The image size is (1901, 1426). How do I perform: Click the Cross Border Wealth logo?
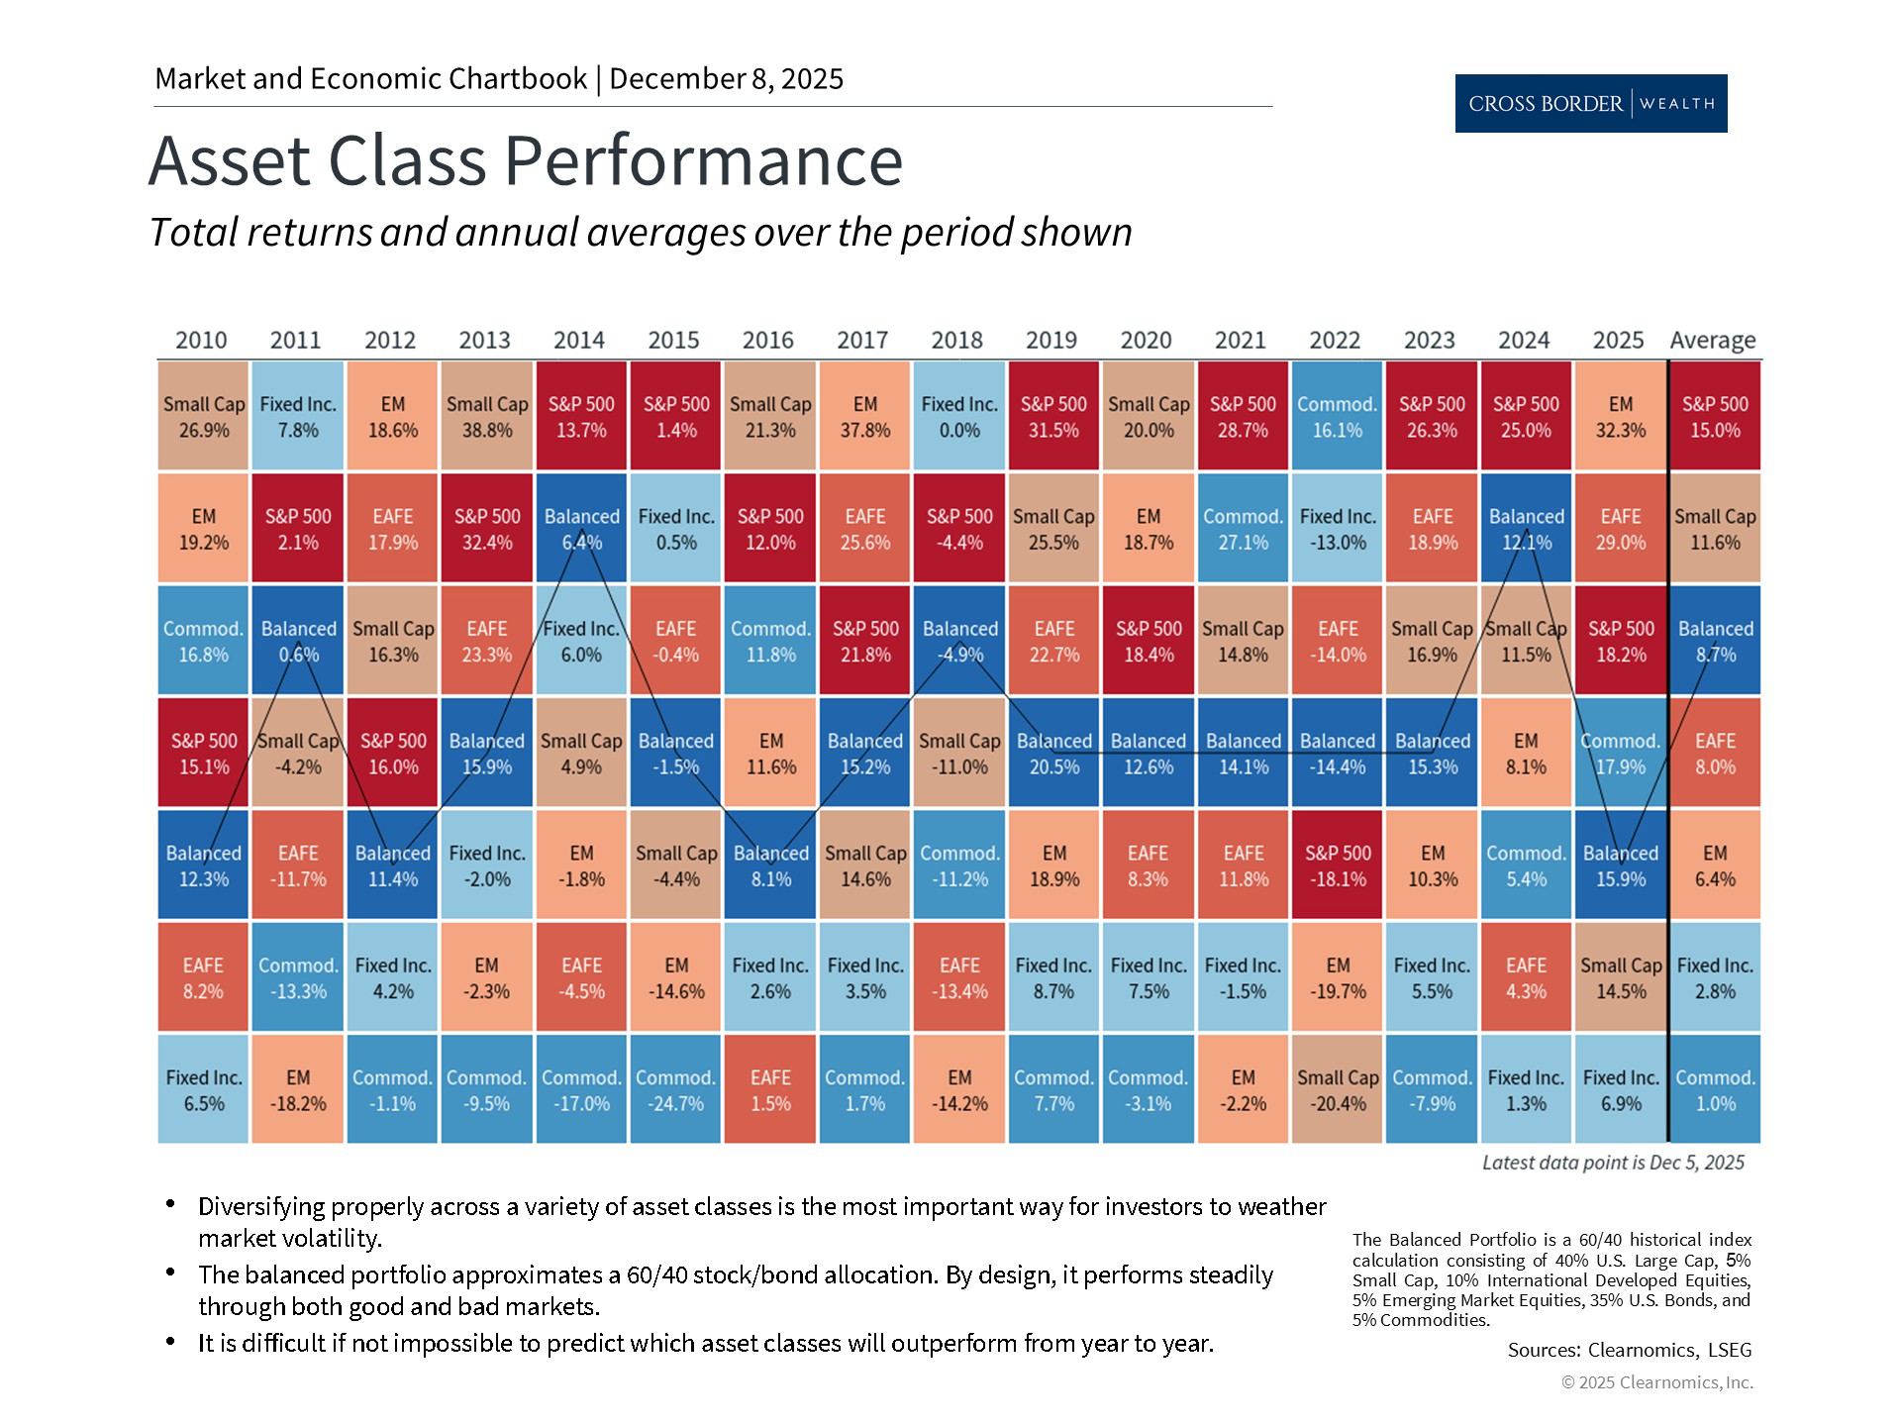coord(1590,103)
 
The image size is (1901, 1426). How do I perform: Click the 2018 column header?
coord(956,340)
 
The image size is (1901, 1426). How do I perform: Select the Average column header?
coord(1713,340)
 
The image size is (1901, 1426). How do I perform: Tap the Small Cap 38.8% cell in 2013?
coord(486,416)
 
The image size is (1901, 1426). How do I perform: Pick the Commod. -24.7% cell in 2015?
coord(675,1089)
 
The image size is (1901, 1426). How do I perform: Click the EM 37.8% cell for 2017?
coord(864,416)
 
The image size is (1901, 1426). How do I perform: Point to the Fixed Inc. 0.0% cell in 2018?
coord(958,416)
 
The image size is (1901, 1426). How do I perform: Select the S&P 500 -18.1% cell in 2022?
coord(1337,865)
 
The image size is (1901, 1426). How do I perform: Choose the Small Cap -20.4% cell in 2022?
coord(1337,1089)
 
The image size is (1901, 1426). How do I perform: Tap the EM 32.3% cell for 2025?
coord(1620,416)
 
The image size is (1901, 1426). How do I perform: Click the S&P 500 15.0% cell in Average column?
coord(1715,416)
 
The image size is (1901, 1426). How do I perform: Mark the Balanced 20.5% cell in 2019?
coord(1053,753)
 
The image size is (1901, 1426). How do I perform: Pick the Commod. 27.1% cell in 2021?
coord(1243,528)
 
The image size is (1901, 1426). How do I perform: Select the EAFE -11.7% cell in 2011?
coord(297,865)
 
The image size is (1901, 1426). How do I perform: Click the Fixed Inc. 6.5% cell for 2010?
coord(203,1089)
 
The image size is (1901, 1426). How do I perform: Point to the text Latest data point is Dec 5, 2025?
coord(1613,1163)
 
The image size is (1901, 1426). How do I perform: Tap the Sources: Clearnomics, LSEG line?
coord(1629,1349)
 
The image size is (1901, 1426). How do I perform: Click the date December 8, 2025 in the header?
coord(726,79)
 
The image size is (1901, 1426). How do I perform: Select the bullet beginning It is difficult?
coord(705,1343)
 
